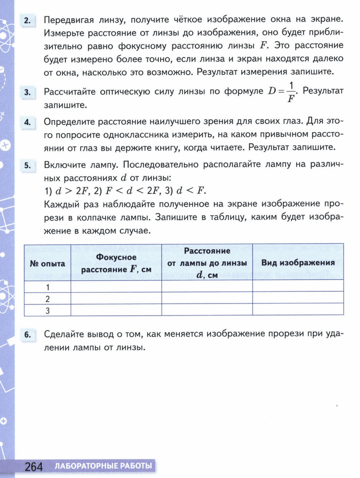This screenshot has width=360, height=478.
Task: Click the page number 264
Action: click(34, 466)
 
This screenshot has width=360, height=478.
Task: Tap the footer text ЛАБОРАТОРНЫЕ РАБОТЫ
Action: click(103, 466)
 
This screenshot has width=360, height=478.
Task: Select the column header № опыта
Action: click(47, 263)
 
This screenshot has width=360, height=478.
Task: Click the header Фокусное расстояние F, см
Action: click(116, 263)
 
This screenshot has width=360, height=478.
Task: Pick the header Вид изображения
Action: click(298, 263)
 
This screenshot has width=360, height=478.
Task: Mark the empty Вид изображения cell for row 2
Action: click(298, 299)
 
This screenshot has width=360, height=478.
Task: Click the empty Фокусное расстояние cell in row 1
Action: click(116, 287)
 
